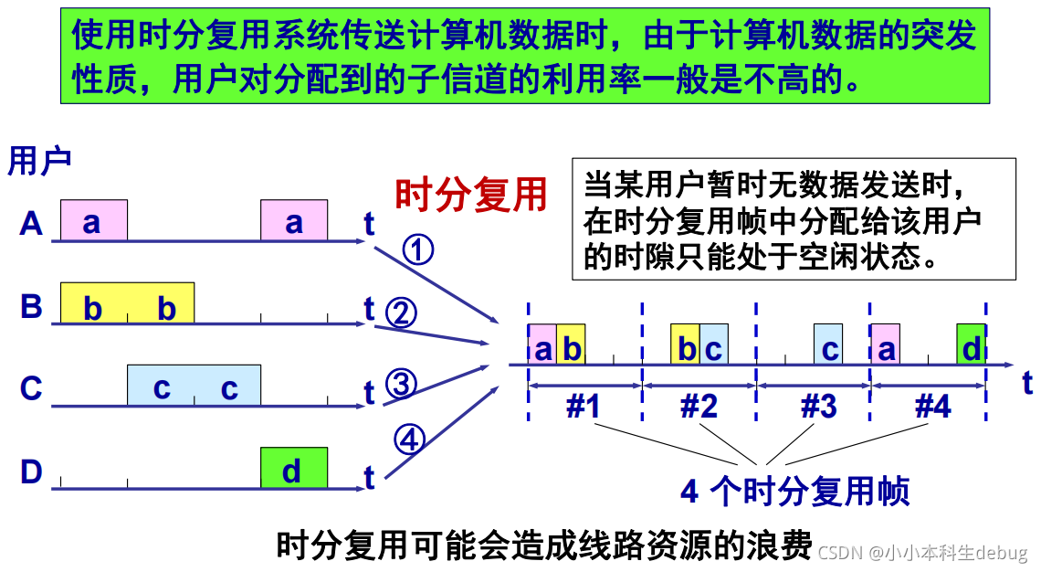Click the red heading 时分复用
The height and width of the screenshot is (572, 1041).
pos(470,195)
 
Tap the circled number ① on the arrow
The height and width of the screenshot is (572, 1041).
pos(417,249)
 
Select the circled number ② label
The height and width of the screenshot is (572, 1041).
pos(401,313)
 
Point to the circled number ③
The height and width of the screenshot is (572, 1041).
pos(401,384)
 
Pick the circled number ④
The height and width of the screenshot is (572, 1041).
pos(409,440)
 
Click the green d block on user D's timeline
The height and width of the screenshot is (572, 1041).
pos(293,468)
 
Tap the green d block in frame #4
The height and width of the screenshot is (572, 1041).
pos(972,345)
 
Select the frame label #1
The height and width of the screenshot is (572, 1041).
pos(584,406)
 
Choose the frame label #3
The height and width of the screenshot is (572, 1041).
pos(817,406)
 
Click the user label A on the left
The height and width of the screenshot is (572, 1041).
pos(31,224)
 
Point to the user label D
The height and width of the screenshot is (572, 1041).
pos(31,472)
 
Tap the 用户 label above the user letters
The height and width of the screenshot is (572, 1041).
pos(39,162)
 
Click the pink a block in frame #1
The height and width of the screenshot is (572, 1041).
pos(542,345)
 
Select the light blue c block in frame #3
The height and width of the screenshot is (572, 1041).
pos(828,345)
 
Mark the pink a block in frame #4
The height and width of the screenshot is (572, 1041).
pos(885,345)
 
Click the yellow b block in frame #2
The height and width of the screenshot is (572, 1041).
pos(685,345)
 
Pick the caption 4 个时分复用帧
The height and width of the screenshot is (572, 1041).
pos(794,492)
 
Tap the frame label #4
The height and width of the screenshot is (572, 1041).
pos(932,406)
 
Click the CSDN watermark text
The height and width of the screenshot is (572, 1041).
pos(922,552)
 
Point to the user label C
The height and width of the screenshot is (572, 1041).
pos(31,388)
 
